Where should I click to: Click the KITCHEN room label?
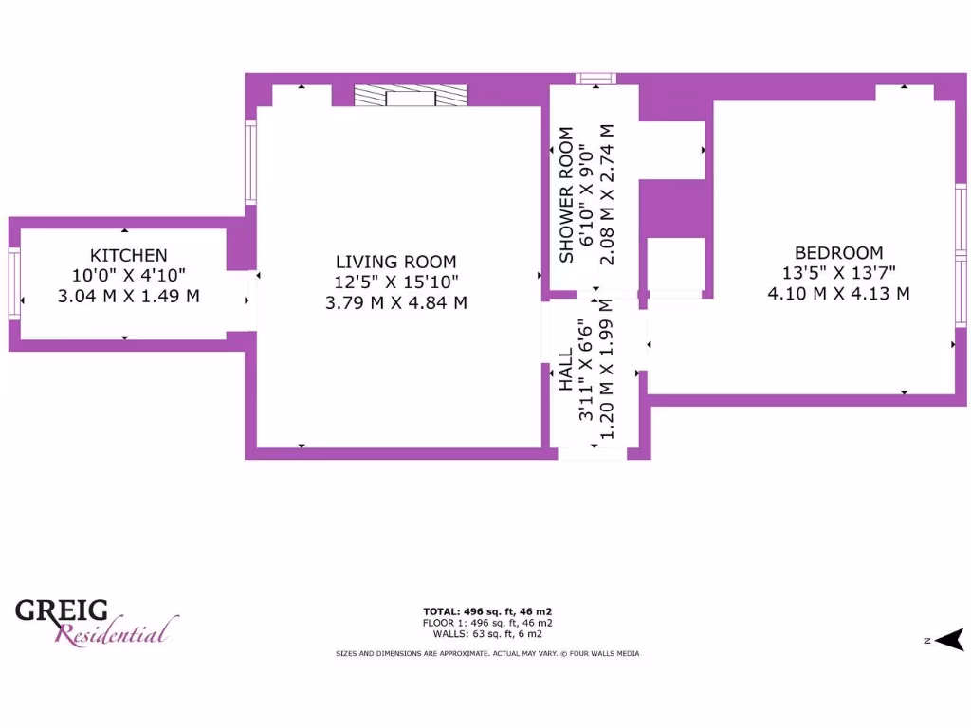[128, 255]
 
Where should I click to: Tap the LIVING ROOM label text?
[395, 262]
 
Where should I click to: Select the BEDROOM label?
[838, 253]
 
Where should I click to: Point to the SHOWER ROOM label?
[567, 194]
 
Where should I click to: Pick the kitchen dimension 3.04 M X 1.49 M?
[128, 296]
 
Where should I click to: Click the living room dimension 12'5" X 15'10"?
[395, 282]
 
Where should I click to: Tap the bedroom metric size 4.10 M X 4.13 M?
[838, 294]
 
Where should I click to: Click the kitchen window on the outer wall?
[14, 282]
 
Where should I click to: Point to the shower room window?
[596, 79]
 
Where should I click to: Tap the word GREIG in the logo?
[62, 610]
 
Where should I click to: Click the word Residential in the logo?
[117, 632]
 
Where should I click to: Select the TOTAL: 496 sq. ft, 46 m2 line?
[487, 610]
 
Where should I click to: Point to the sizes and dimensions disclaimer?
[487, 653]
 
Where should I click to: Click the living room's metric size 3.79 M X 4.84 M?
[395, 303]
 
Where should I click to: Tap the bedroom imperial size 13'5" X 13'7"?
[838, 274]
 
